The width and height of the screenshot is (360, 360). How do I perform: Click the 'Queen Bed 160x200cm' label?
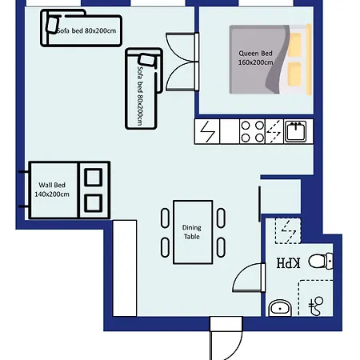[255, 58]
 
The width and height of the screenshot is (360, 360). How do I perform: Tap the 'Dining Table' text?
[192, 232]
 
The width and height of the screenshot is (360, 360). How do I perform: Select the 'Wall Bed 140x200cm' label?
[51, 190]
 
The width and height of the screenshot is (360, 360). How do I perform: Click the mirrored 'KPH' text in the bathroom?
[287, 263]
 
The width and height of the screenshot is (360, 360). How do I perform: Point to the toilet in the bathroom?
[322, 261]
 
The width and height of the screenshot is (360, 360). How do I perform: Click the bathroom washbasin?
[279, 306]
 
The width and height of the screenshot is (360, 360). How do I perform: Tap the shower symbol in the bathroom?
[315, 302]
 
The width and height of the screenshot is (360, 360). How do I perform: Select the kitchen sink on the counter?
[296, 130]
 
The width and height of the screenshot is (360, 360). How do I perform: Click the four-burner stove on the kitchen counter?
[252, 130]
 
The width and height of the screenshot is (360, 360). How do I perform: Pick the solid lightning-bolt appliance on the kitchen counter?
[207, 130]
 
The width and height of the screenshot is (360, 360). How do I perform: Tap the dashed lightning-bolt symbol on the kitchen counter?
[274, 130]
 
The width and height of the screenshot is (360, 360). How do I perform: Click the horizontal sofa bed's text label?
[87, 30]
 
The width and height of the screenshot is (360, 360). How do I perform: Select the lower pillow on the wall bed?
[93, 202]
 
